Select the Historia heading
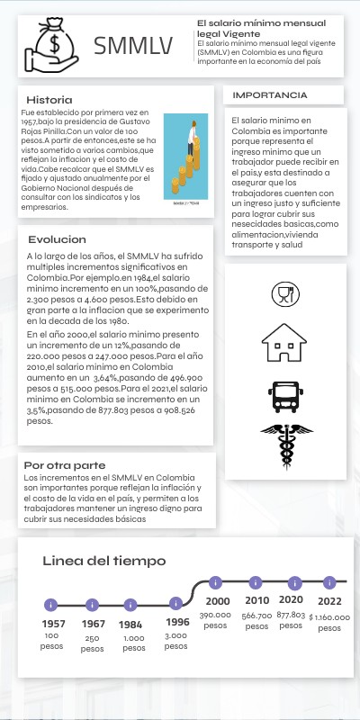coord(50,99)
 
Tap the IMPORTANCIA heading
coord(269,94)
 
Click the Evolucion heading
coord(57,239)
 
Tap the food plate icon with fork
coord(284,293)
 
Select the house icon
coord(284,342)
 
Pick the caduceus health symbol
coord(284,445)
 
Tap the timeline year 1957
coord(53,624)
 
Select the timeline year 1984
coord(131,624)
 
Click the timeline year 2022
coord(329,600)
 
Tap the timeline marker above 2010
coord(256,582)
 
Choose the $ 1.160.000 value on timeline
coord(329,618)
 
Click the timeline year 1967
coord(93,624)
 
